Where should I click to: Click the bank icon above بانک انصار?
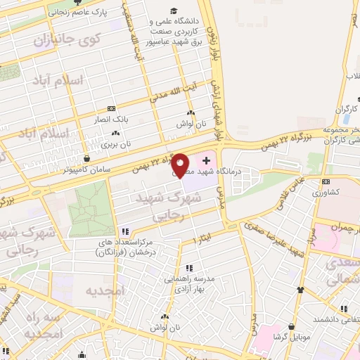click(x=111, y=108)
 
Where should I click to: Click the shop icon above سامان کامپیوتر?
click(x=86, y=158)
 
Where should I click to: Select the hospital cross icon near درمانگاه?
click(x=205, y=161)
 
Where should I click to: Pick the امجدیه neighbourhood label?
click(x=104, y=290)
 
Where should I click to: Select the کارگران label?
click(x=347, y=109)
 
